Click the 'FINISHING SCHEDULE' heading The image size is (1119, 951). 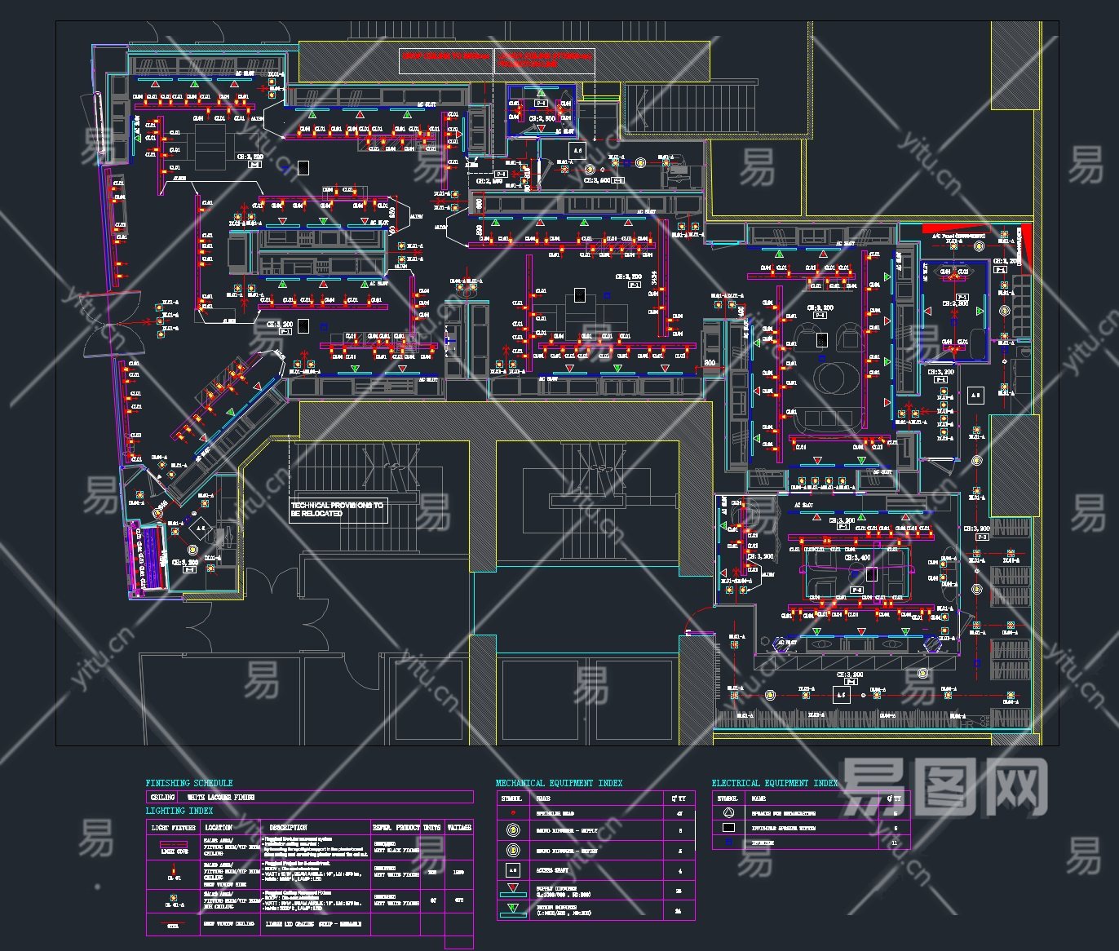(x=189, y=783)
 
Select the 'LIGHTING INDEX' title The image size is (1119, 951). (x=179, y=811)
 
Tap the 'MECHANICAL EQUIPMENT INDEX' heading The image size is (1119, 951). (x=559, y=783)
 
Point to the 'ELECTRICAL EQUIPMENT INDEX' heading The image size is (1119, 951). (x=774, y=783)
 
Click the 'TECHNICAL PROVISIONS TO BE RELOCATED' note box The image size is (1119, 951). (x=337, y=510)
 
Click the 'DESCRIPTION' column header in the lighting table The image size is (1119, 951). (x=289, y=827)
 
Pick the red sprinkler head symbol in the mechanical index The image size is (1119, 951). (x=513, y=813)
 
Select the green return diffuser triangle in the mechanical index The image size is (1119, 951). (x=513, y=909)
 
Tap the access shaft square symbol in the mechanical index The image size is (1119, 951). (x=513, y=870)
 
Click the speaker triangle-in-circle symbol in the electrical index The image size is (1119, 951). (x=728, y=813)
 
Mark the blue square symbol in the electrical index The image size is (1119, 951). (x=728, y=843)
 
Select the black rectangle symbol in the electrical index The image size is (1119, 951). (x=728, y=828)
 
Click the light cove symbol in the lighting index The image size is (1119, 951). (x=174, y=847)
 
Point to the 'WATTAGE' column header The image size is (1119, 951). (x=459, y=827)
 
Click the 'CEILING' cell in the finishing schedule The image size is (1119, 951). (x=162, y=797)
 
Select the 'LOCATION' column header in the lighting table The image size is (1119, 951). (x=219, y=827)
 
